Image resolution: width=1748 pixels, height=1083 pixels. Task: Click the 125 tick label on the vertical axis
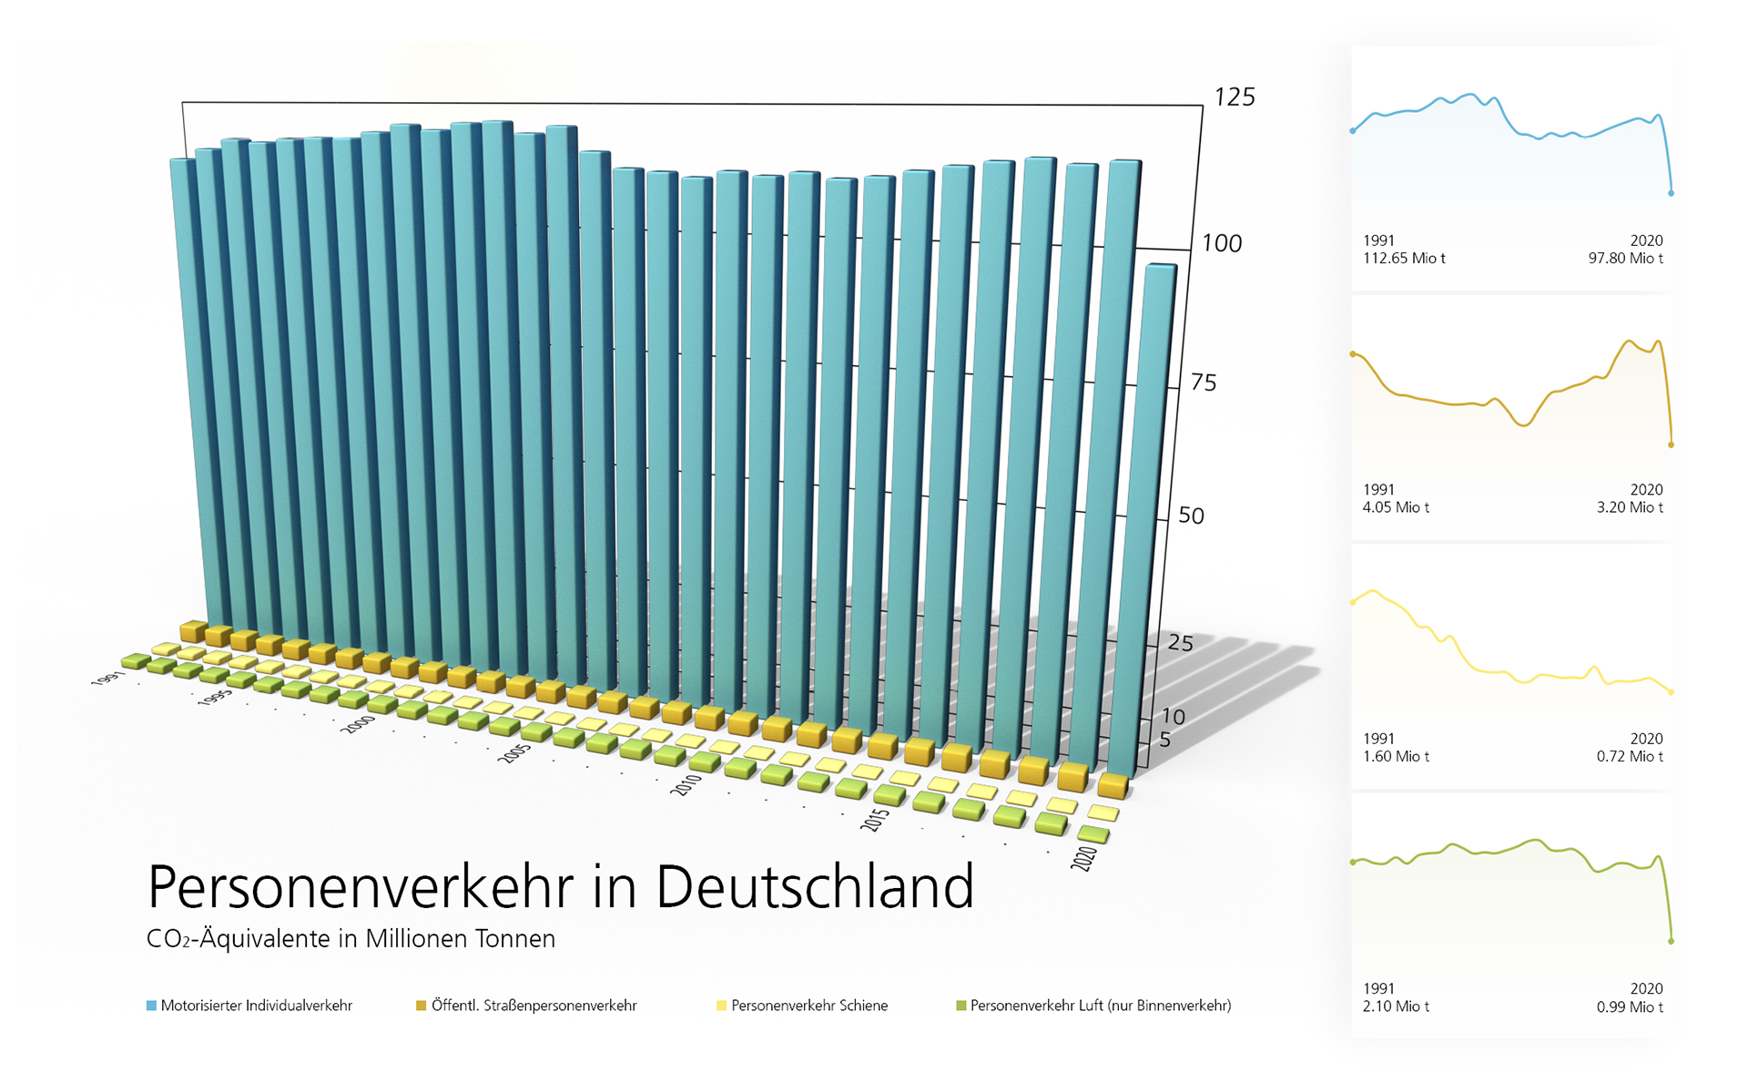1235,97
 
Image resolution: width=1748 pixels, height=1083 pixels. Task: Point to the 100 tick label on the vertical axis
1222,243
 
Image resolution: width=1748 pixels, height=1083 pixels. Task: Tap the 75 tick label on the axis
1204,383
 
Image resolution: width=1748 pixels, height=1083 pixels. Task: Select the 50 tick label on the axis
1191,516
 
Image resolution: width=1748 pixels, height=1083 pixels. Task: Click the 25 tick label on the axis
1180,643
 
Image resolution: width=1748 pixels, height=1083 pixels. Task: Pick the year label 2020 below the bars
1083,858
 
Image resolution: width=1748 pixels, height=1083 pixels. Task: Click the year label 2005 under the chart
514,753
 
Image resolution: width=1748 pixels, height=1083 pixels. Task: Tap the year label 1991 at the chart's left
107,679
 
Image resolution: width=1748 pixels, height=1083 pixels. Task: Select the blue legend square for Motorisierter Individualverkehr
151,1006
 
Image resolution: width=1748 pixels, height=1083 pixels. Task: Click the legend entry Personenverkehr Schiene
808,1006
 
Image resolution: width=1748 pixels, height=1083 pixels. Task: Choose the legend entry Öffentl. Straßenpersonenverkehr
534,1006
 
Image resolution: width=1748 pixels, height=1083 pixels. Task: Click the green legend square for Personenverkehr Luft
960,1006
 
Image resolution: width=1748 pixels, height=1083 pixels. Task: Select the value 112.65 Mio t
1403,259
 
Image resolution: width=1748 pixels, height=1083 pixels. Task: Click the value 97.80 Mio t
1625,259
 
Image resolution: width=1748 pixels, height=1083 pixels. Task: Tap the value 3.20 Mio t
1629,507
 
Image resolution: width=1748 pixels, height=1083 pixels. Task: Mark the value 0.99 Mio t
1629,1006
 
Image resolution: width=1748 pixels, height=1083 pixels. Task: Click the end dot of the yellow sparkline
1671,692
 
